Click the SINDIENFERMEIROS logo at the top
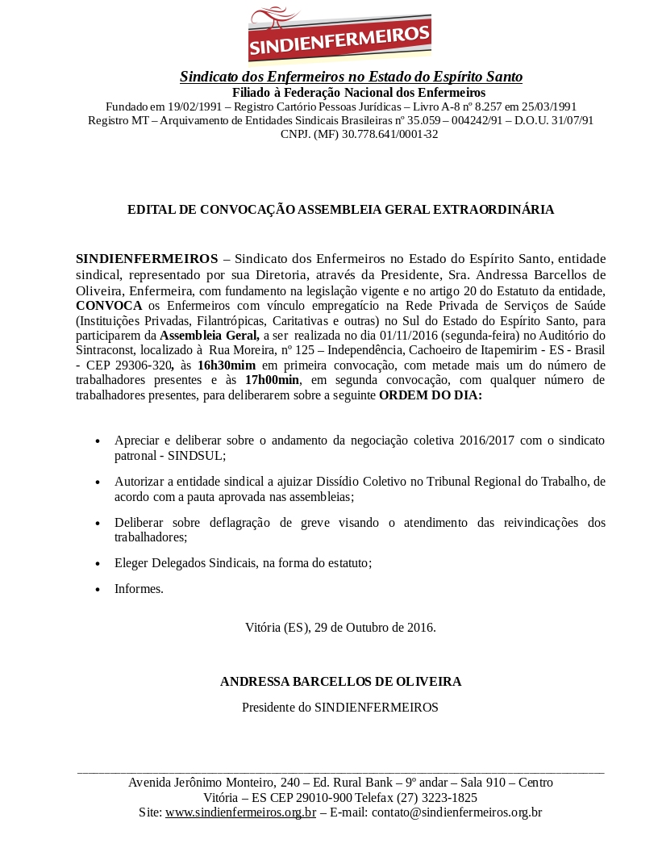pyautogui.click(x=339, y=34)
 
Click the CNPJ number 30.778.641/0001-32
pyautogui.click(x=389, y=134)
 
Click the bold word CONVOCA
pyautogui.click(x=109, y=306)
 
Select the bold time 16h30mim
pyautogui.click(x=227, y=365)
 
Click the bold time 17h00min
pyautogui.click(x=272, y=380)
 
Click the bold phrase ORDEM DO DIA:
pyautogui.click(x=431, y=395)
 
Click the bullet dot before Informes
pyautogui.click(x=98, y=590)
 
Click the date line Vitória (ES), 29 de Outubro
pyautogui.click(x=340, y=627)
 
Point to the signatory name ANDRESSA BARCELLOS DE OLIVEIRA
pyautogui.click(x=340, y=682)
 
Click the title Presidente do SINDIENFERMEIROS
pyautogui.click(x=339, y=708)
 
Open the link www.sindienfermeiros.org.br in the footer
pyautogui.click(x=240, y=812)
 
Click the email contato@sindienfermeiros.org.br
pyautogui.click(x=456, y=812)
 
